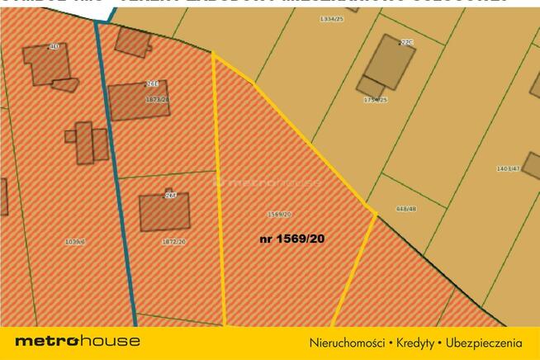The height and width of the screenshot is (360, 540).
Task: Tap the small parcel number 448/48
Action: point(406,209)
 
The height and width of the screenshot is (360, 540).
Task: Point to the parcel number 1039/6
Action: point(74,242)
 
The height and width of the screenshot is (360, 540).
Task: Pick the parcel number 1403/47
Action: point(507,168)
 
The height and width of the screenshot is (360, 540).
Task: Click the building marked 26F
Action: point(163,213)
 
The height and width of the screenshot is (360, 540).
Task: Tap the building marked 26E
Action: point(138,101)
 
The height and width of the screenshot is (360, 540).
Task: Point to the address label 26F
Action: point(171,196)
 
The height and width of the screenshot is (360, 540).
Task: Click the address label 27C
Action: point(405,41)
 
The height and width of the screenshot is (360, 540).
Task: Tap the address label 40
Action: point(54,47)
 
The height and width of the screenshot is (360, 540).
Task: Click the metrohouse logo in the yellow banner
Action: point(78,341)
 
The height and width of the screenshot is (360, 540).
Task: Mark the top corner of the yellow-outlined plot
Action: point(213,54)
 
